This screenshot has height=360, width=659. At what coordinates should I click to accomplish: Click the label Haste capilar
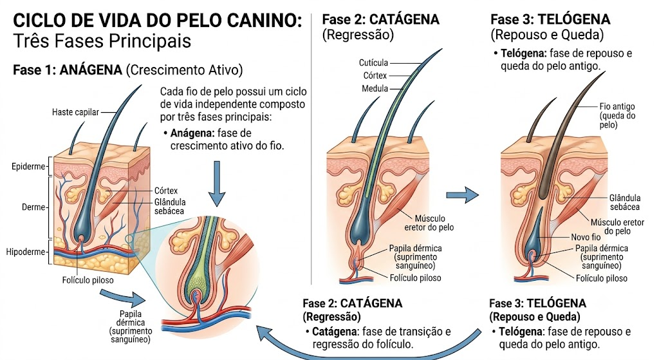coord(75,112)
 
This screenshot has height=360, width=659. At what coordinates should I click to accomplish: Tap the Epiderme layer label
coord(28,167)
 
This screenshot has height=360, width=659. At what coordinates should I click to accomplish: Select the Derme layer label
coord(33,207)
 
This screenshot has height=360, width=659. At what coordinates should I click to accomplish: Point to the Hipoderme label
coord(25,252)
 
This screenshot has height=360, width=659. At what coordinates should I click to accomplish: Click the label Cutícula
coord(373,63)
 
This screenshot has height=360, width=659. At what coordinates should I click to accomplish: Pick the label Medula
coord(375,89)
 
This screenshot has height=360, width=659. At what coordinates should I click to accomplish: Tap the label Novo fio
coord(586,237)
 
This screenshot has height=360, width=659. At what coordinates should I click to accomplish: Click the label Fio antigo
coord(617,107)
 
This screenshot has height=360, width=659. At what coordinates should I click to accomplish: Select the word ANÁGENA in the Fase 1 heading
coord(91,70)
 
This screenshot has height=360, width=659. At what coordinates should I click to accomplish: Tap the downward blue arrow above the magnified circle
coord(217,184)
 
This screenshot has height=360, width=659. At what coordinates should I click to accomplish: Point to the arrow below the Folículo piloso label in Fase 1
coord(123,298)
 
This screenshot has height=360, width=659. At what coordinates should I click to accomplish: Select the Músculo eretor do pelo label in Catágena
coord(429,223)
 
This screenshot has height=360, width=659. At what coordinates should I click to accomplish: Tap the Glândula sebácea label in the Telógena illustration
coord(625,202)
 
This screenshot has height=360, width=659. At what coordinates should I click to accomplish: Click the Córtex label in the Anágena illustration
coord(166,191)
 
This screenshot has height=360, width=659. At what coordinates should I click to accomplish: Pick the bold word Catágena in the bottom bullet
coord(335,332)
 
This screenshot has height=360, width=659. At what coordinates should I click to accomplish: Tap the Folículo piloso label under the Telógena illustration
coord(602,278)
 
